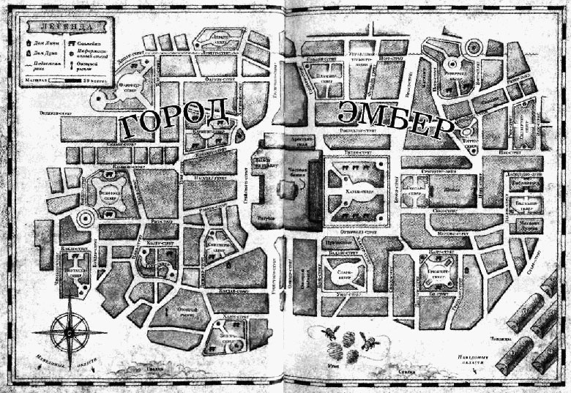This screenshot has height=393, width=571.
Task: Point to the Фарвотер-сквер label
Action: pos(131,93)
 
